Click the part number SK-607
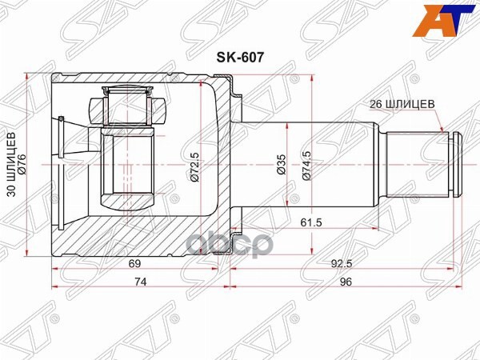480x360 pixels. click(x=238, y=58)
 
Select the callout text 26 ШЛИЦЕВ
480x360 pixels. click(x=402, y=103)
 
